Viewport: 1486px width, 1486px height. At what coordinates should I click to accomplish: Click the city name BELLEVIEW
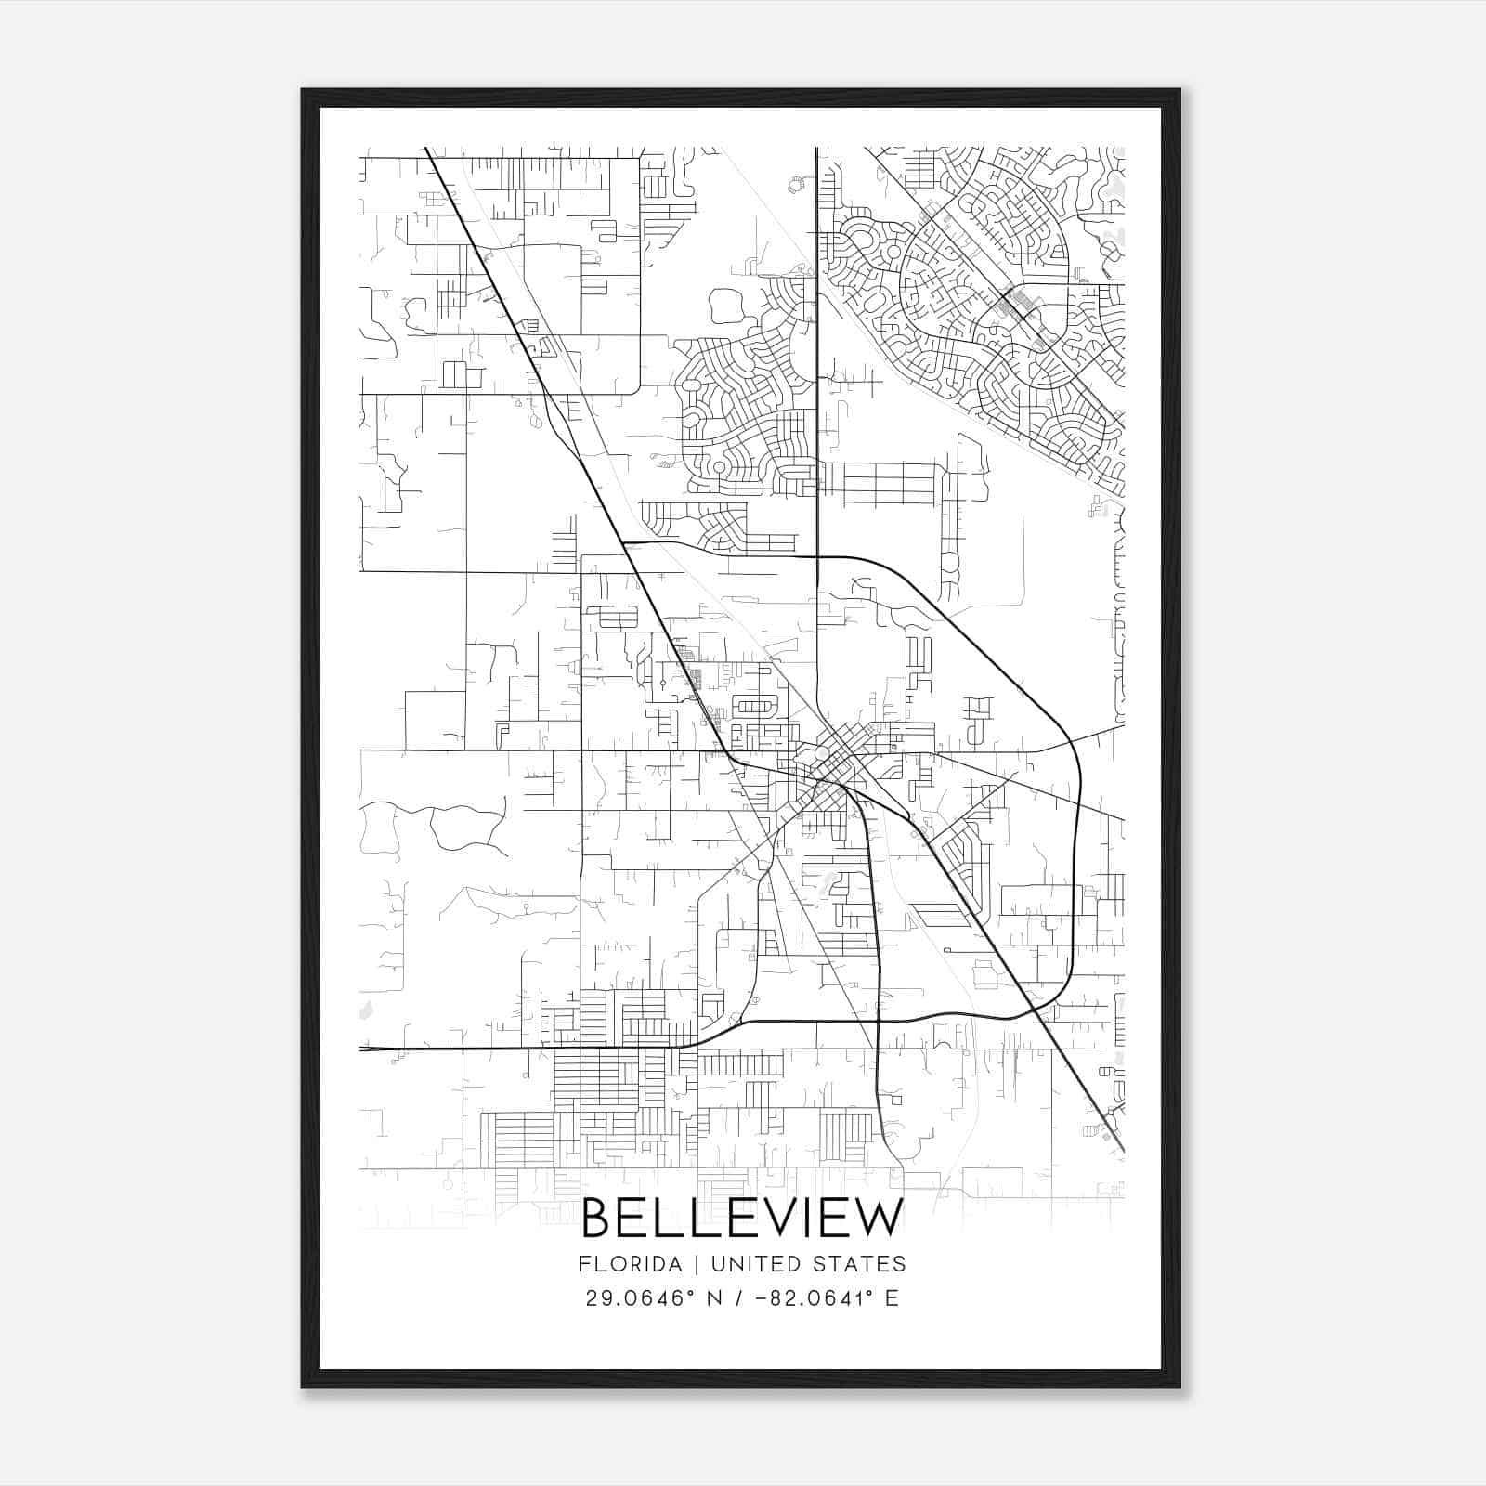click(742, 1219)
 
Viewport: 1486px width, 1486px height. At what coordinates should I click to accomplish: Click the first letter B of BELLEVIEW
click(596, 1219)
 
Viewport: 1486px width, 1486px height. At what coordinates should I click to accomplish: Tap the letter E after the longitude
click(892, 1298)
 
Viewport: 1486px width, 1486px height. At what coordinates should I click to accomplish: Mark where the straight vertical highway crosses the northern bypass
click(817, 556)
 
